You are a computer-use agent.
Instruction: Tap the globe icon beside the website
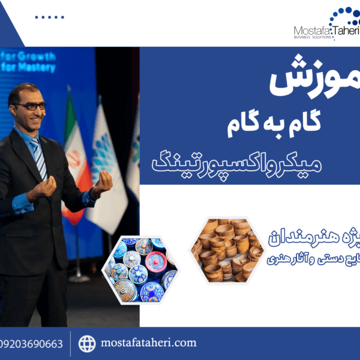click(87, 344)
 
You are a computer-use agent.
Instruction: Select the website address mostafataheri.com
click(149, 343)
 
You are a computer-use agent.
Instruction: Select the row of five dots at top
click(49, 17)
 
